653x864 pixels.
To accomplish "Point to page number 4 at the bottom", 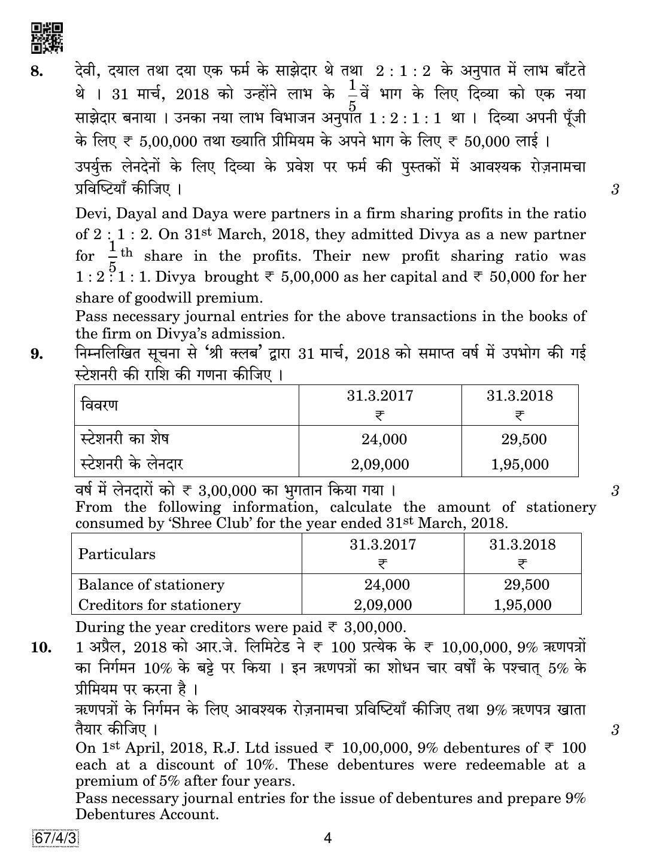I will (x=327, y=838).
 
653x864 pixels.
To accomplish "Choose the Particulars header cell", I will (x=117, y=554).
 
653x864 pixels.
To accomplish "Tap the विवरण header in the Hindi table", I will (x=99, y=405).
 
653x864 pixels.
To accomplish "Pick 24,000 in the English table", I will (x=387, y=585).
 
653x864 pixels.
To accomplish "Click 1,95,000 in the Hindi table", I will (x=520, y=465).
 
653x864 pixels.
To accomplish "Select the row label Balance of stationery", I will (x=151, y=585).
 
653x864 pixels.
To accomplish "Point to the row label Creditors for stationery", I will (x=159, y=605).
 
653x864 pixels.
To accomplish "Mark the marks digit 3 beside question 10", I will (x=615, y=729).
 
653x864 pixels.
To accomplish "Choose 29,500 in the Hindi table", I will (x=524, y=439).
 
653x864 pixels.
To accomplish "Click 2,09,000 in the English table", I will (x=382, y=605).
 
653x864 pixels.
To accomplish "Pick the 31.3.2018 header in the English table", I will (x=522, y=545).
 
